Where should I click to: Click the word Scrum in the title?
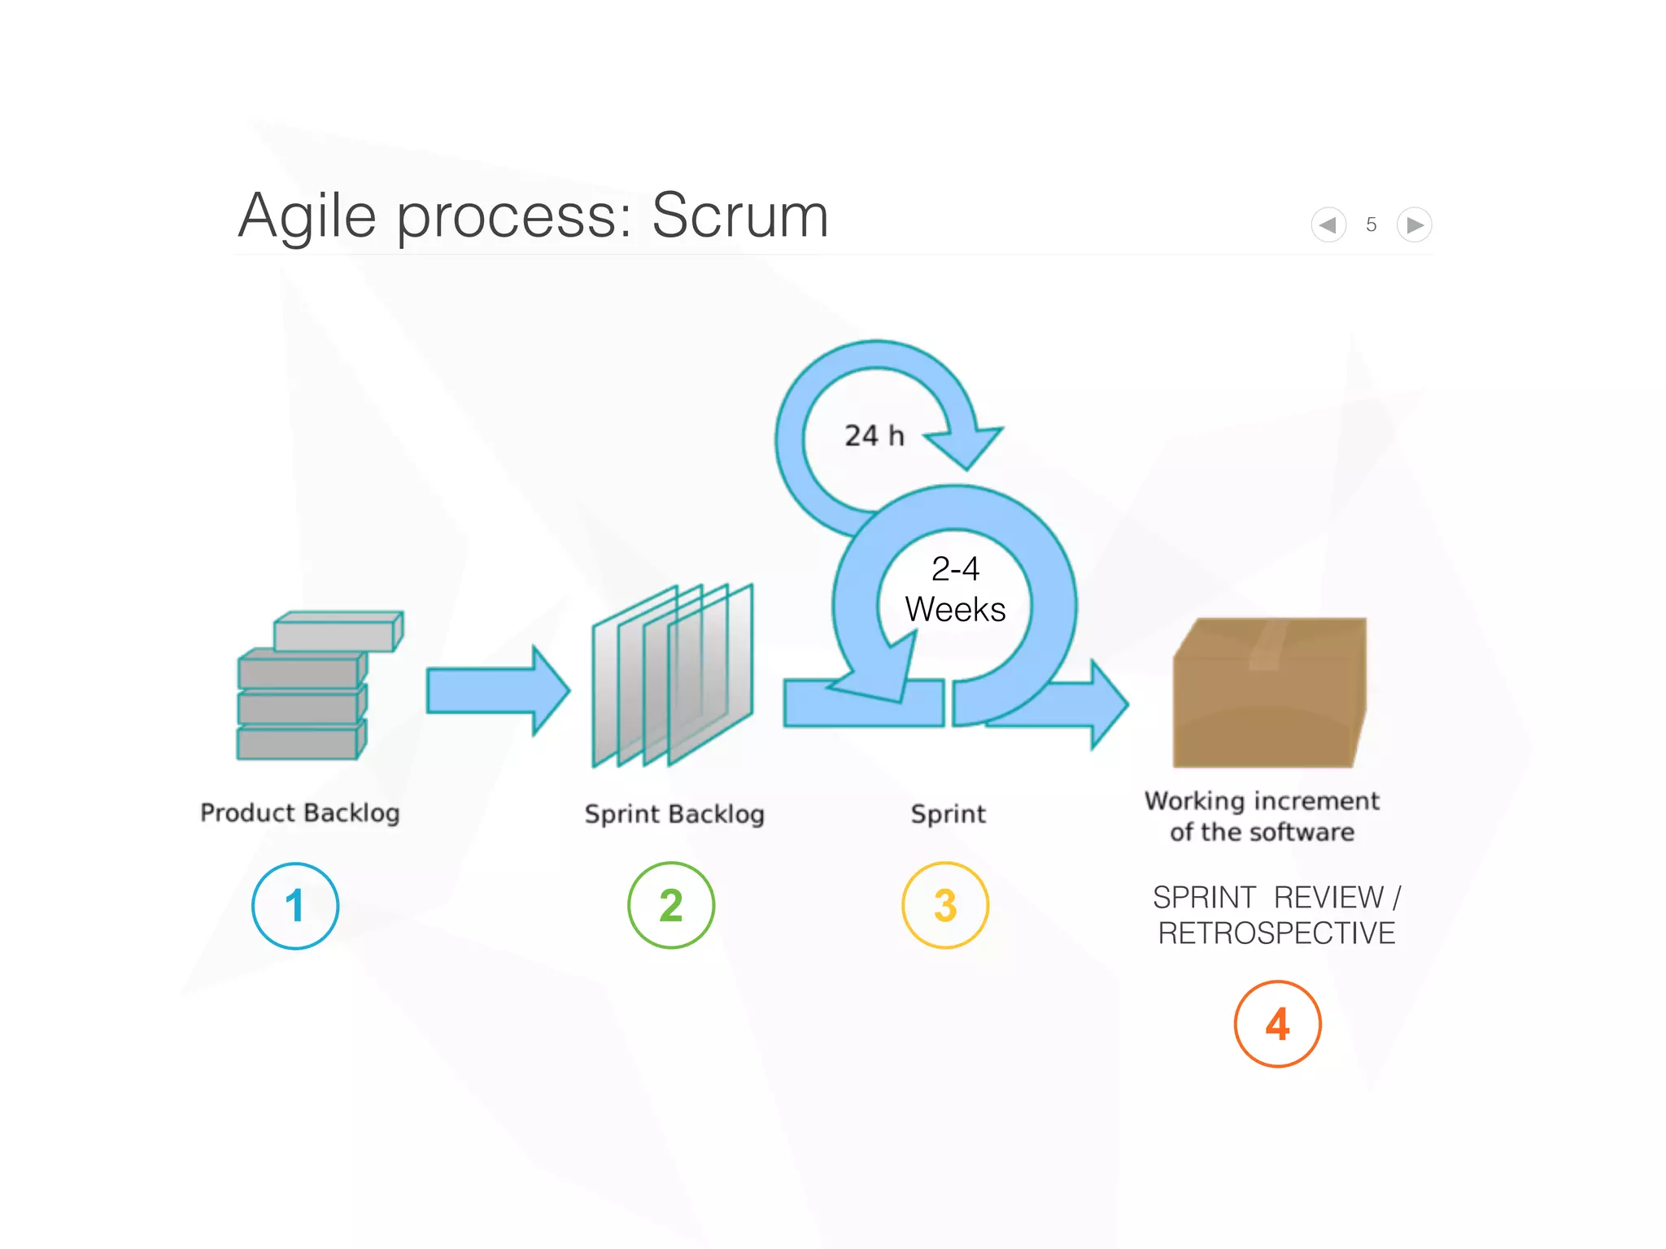(739, 215)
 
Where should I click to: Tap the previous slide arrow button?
(1328, 224)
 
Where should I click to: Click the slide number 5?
(1372, 224)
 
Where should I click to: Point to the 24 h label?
(874, 436)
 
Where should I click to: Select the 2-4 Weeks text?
(955, 590)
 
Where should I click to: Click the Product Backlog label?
(300, 812)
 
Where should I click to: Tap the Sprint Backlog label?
(674, 814)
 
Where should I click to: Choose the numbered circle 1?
(295, 906)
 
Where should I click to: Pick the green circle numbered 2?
(671, 905)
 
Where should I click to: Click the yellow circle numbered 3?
(945, 905)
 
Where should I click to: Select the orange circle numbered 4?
(1277, 1024)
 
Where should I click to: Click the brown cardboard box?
(1269, 695)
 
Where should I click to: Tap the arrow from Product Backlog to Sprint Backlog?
(497, 690)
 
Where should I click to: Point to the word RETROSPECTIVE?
(1276, 933)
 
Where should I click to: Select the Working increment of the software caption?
(1262, 816)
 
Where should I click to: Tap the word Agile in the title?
(307, 217)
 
